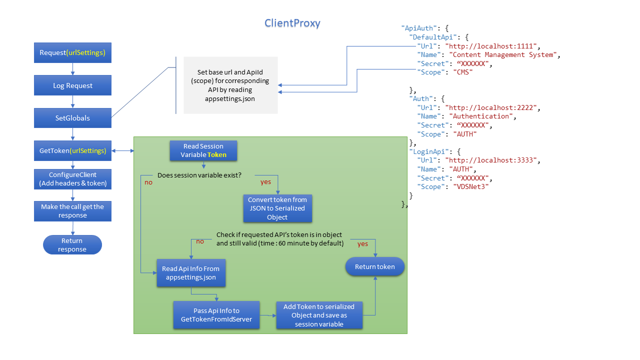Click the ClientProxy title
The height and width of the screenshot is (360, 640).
coord(292,23)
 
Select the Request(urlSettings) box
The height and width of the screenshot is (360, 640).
coord(72,53)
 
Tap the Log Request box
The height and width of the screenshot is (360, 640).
coord(72,85)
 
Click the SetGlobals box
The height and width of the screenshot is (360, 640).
coord(72,118)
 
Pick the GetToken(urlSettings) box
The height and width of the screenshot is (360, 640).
coord(72,150)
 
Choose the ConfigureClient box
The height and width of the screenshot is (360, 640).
coord(72,179)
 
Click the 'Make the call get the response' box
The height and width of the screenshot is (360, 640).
coord(72,211)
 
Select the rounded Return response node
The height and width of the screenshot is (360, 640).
coord(72,245)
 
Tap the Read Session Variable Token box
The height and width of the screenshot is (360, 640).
coord(203,150)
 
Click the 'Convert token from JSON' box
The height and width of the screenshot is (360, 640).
coord(277,208)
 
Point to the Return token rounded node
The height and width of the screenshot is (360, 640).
coord(374,267)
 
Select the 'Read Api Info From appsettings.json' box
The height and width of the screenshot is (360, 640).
coord(190,273)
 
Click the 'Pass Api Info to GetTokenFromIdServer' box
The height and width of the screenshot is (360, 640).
coord(216,315)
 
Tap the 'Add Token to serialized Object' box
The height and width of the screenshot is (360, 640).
coord(319,315)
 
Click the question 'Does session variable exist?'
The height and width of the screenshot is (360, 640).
coord(199,175)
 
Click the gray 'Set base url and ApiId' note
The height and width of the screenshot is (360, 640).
coord(230,85)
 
